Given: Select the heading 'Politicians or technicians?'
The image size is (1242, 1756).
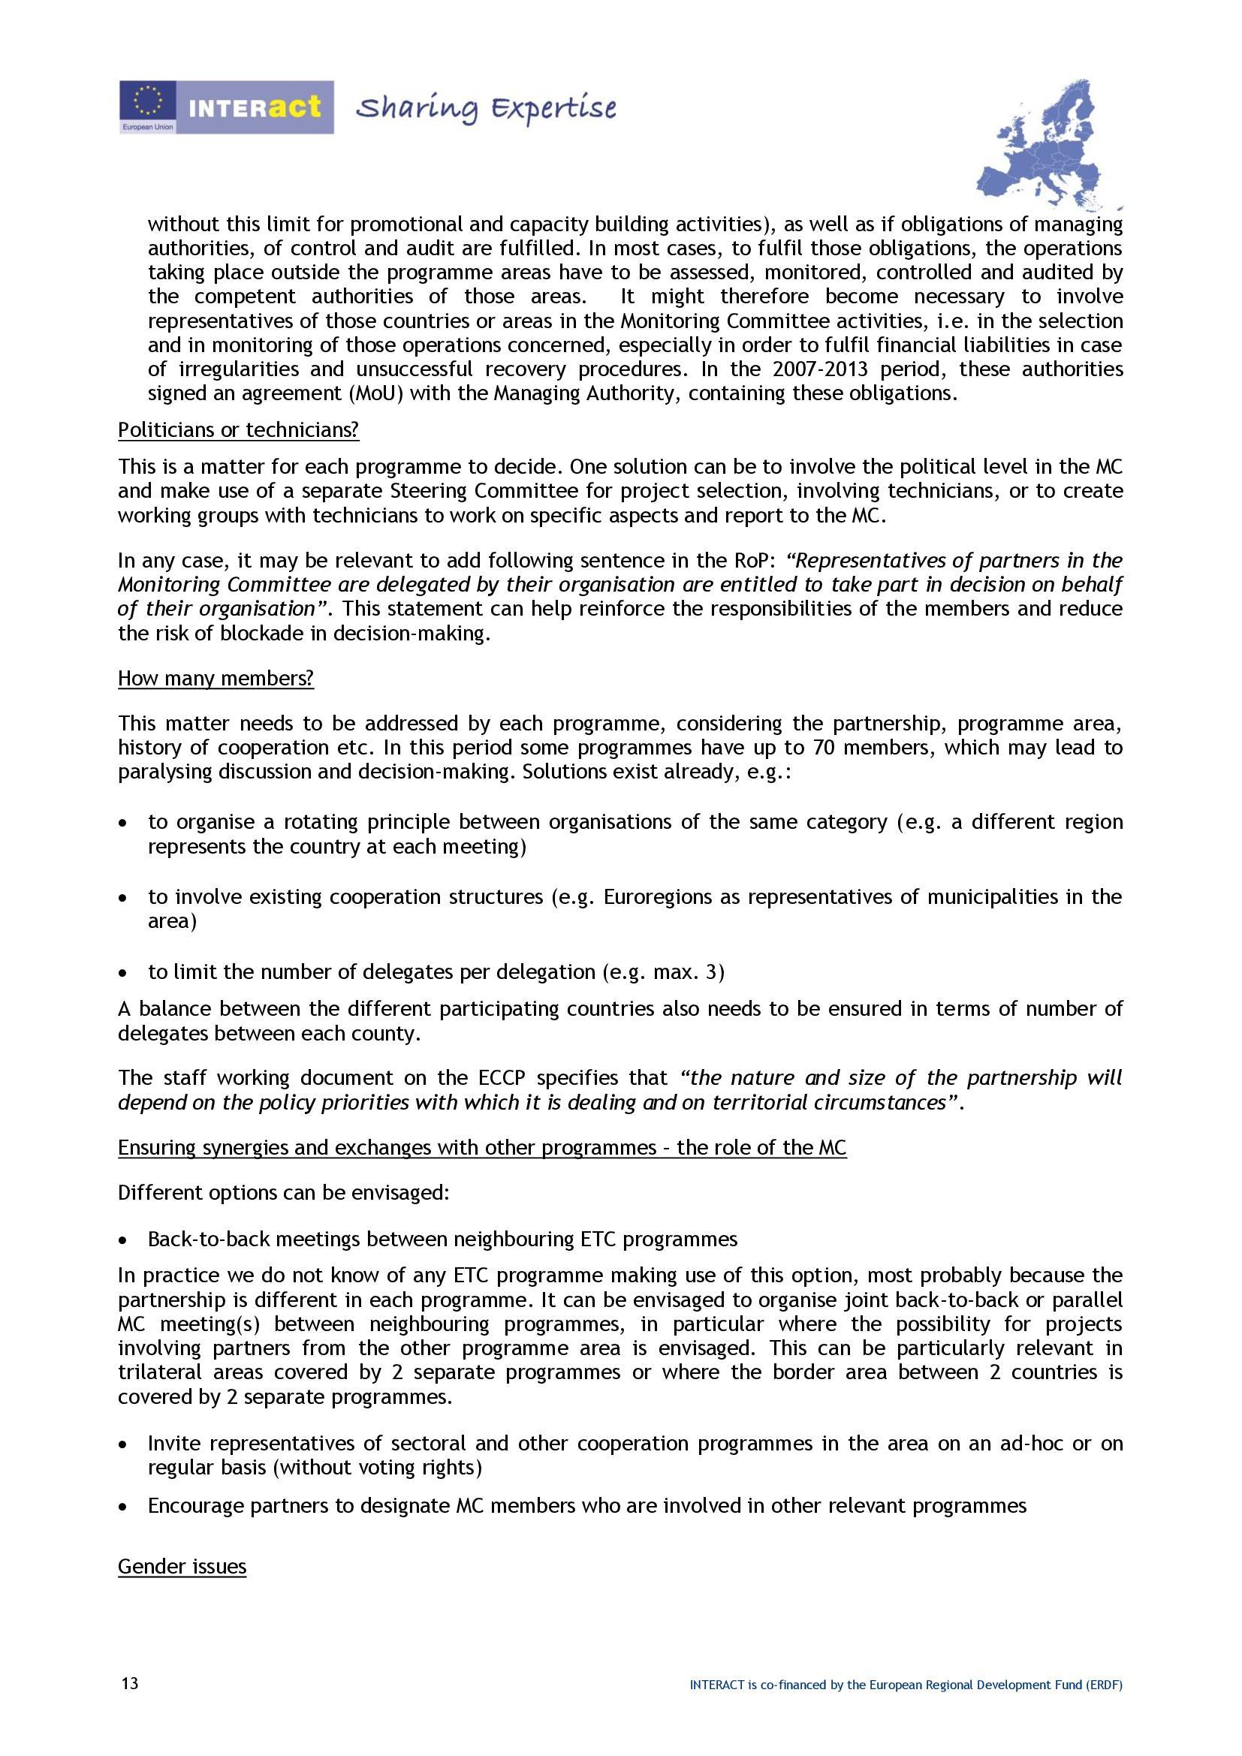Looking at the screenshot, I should point(238,430).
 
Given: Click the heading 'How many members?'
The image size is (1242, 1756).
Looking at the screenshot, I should point(216,679).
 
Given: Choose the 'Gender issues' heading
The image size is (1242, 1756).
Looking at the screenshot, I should point(182,1566).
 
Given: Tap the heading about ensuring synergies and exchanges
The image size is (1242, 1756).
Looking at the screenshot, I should point(482,1147).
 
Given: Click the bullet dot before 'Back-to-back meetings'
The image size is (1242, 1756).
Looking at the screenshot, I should point(123,1239).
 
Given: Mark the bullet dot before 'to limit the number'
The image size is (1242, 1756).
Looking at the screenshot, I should point(123,973).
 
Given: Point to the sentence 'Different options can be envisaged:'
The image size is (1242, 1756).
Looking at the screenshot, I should point(284,1192).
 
